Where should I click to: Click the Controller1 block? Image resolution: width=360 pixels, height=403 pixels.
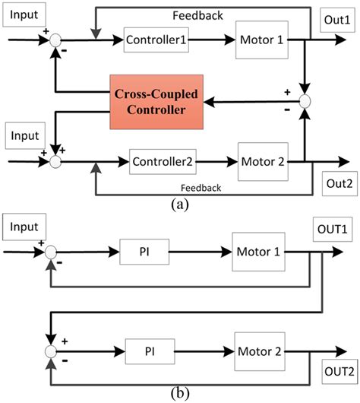tap(156, 39)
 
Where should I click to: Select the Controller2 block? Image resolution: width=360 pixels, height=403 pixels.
tap(160, 161)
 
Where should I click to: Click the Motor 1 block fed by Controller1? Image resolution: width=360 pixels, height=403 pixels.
tap(261, 39)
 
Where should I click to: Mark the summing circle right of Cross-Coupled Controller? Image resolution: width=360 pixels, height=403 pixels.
tap(305, 100)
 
